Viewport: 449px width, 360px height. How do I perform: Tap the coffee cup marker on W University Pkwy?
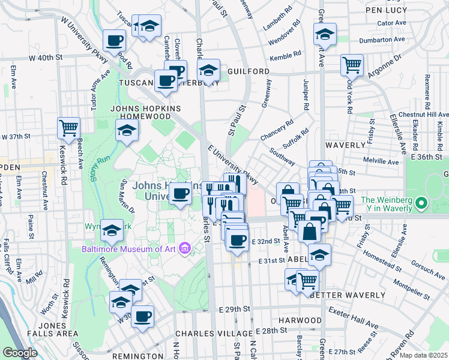click(x=114, y=41)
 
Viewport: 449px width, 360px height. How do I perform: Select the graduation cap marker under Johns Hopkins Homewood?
click(x=127, y=130)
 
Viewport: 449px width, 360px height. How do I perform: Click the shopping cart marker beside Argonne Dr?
click(x=352, y=64)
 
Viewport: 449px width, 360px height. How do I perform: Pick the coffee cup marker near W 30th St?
click(x=142, y=316)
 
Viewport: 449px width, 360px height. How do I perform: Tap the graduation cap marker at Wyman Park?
click(x=112, y=230)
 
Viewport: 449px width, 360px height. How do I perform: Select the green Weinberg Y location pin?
click(x=421, y=205)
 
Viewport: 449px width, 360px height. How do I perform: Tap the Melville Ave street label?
click(x=382, y=161)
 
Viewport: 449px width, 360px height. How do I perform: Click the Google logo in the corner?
click(x=20, y=352)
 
